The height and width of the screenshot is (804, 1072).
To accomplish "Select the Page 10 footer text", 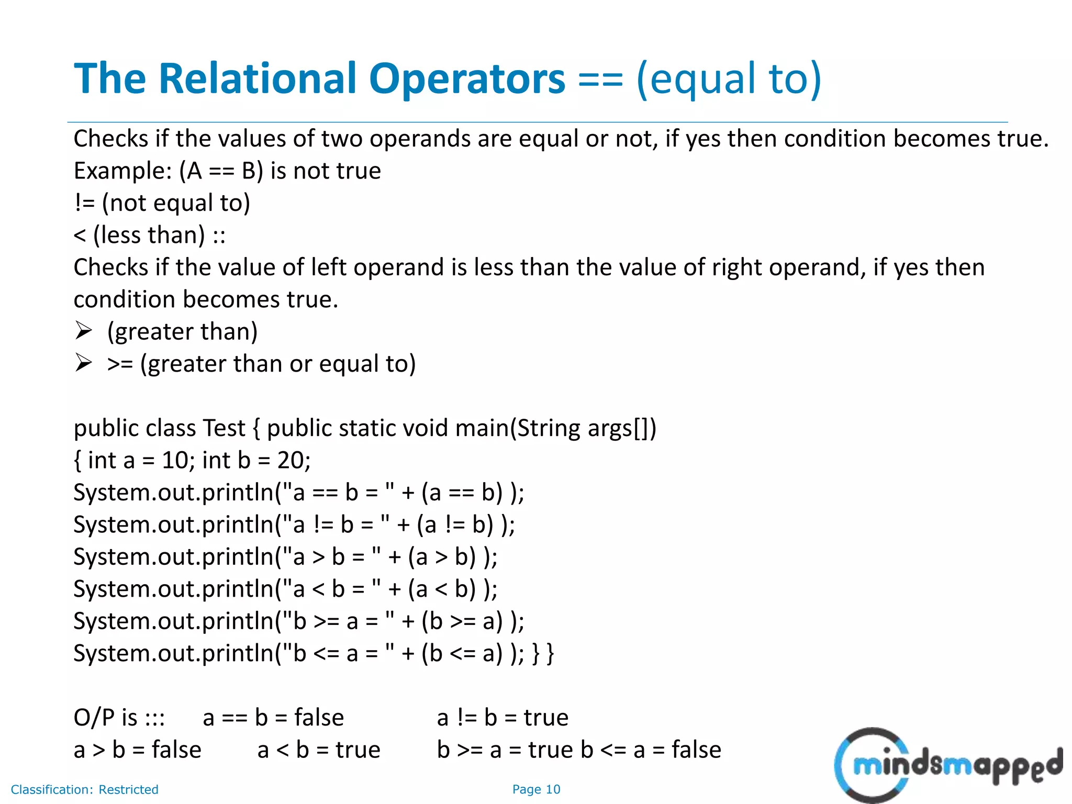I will pos(536,789).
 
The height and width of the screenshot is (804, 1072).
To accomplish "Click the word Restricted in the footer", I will pos(128,789).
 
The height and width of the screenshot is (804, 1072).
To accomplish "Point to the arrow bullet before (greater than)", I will pos(83,331).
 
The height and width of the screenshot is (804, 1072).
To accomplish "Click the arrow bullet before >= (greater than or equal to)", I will pos(83,363).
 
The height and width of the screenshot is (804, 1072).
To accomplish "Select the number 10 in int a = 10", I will pos(175,460).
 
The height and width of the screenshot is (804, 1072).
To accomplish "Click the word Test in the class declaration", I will pos(224,428).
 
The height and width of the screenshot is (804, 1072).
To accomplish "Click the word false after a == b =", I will pos(319,718).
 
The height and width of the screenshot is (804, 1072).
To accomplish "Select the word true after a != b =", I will pos(545,718).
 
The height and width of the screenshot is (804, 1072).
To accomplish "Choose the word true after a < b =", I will pos(358,750).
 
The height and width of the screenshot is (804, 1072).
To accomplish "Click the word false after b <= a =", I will pos(696,750).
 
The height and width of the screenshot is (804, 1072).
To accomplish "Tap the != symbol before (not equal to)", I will pos(84,203).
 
